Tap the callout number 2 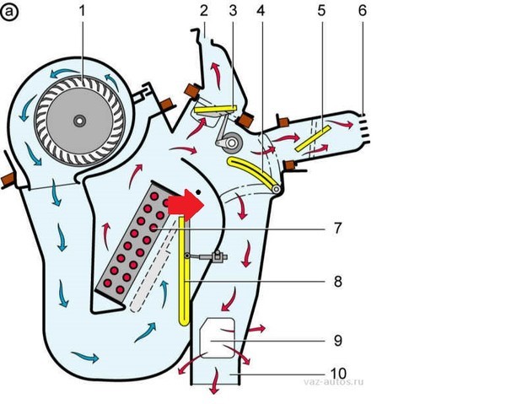[x=203, y=11]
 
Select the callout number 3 [x=232, y=11]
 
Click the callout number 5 [x=321, y=12]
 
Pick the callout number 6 [x=363, y=11]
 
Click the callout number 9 [x=337, y=342]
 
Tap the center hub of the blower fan [x=78, y=121]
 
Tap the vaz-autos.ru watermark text [x=333, y=381]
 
